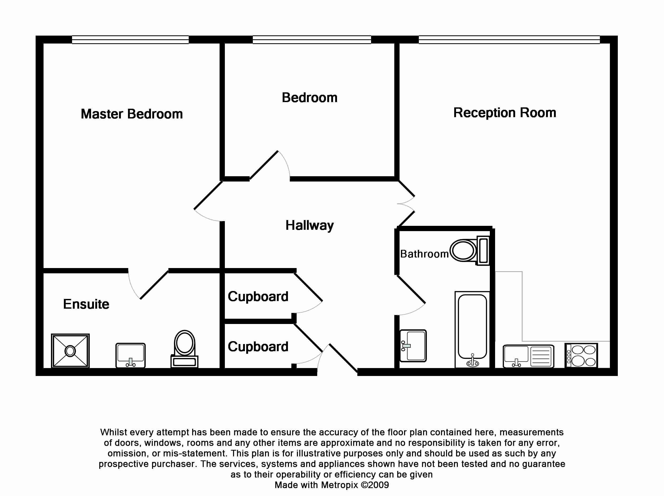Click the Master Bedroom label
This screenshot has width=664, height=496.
[x=131, y=114]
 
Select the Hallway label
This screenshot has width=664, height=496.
[x=310, y=225]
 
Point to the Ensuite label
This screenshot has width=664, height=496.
[x=86, y=304]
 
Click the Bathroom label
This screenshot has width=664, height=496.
[x=424, y=254]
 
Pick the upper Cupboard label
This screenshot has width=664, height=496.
[x=258, y=297]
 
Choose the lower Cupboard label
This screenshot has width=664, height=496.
[x=258, y=347]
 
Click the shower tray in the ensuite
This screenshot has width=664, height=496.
[x=70, y=350]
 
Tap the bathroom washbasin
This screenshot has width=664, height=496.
[x=413, y=346]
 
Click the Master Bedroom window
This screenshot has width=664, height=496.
[x=130, y=40]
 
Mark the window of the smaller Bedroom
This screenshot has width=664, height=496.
[x=312, y=40]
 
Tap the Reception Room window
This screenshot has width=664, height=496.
[x=509, y=40]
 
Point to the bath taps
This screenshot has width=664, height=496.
[x=472, y=362]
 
